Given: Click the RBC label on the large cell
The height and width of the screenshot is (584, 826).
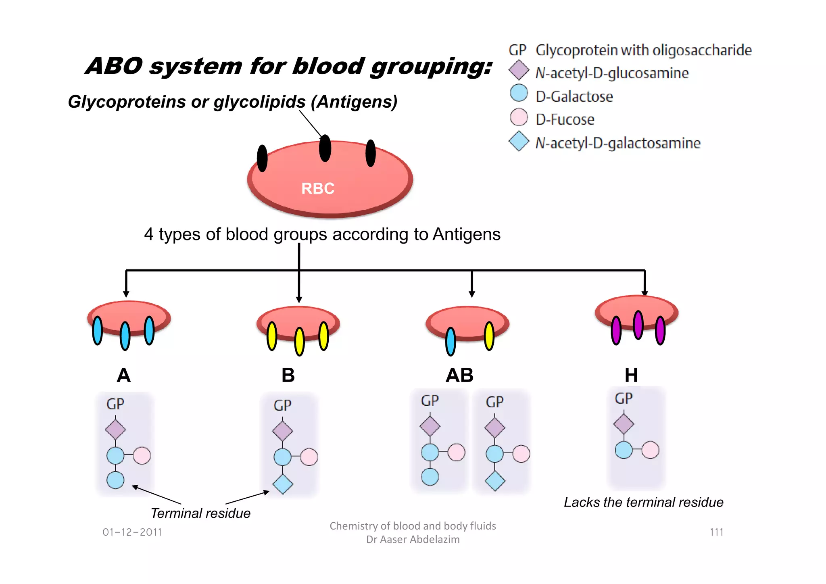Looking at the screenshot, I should [x=318, y=188].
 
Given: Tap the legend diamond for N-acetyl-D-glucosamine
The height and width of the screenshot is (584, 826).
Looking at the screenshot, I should [x=519, y=70].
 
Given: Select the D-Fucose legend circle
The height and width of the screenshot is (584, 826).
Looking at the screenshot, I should [x=519, y=117].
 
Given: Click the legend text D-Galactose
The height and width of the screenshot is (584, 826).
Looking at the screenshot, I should [x=574, y=97].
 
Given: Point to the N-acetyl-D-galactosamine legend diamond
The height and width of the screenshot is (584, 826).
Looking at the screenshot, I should [x=519, y=141].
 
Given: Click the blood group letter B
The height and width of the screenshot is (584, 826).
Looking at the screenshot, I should [x=288, y=375].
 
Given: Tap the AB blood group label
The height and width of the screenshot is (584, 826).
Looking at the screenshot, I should [x=459, y=375].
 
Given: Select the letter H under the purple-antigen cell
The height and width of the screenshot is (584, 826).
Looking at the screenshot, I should [x=631, y=375].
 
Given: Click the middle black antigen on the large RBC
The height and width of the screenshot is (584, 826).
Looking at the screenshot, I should [x=325, y=148].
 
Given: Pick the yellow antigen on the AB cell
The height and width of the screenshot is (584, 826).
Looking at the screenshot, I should [x=489, y=336].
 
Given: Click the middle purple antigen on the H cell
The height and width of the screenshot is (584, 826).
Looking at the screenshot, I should [x=638, y=325].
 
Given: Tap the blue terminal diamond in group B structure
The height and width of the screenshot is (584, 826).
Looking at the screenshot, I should [x=283, y=484].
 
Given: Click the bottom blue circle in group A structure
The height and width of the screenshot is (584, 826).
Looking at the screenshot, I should [x=115, y=480].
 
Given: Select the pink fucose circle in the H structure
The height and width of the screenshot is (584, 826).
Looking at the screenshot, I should [x=650, y=450].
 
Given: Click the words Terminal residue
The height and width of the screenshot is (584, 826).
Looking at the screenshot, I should [x=200, y=513].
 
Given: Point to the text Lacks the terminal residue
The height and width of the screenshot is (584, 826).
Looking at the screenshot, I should [x=643, y=503].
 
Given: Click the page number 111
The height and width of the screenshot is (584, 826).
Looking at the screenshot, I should [x=716, y=532].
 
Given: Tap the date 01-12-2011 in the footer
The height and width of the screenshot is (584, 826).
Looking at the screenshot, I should [x=132, y=532].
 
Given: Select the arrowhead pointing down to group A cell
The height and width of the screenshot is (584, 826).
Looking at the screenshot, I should [x=126, y=294].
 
